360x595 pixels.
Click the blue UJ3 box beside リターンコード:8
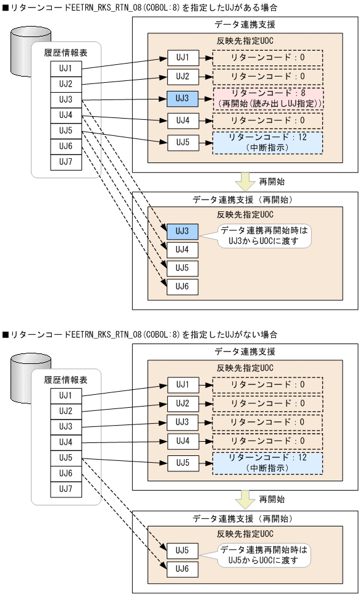tap(182, 98)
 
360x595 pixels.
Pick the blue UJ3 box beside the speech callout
tap(182, 231)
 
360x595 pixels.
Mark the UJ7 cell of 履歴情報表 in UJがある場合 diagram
tap(65, 162)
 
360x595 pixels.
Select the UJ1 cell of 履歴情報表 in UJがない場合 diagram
tap(65, 394)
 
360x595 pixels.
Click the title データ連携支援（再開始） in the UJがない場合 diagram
tap(245, 518)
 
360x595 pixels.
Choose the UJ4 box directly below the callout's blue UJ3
tap(182, 250)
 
